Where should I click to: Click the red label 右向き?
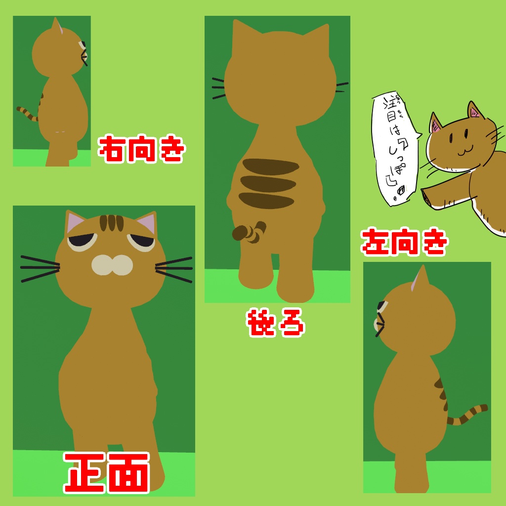point(142,149)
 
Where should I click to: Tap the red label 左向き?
point(404,242)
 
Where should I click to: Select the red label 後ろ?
point(275,323)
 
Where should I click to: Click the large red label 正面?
point(107,472)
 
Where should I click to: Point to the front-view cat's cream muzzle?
point(112,265)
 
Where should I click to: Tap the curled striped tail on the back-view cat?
point(250,232)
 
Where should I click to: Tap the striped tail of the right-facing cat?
point(28,113)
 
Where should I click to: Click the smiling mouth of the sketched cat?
point(464,149)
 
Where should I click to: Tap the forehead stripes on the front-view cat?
point(111,223)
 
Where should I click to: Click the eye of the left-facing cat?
point(381,307)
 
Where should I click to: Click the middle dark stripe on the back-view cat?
point(267,183)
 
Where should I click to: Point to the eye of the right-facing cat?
point(82,45)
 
